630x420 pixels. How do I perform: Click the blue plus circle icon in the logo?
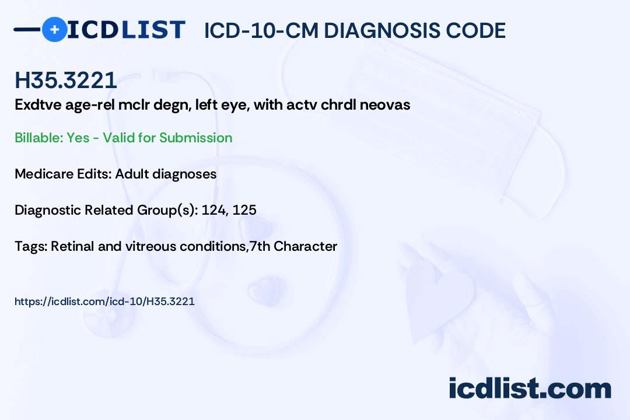[x=54, y=29]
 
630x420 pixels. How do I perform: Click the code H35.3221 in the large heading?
[x=66, y=80]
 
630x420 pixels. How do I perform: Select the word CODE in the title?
[x=476, y=30]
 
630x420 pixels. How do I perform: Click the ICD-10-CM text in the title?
[x=261, y=30]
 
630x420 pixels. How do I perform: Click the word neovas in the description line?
[x=385, y=105]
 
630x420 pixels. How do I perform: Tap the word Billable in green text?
[x=38, y=138]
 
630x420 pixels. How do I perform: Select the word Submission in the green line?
[x=195, y=138]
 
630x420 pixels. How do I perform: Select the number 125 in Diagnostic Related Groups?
[x=244, y=210]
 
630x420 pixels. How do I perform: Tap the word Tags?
[x=30, y=246]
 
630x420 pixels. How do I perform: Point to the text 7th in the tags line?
[x=260, y=246]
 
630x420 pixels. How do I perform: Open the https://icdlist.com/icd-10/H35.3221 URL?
[x=104, y=302]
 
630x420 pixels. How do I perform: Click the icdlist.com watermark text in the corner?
[x=530, y=388]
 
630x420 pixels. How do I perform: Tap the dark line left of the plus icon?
[x=27, y=29]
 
